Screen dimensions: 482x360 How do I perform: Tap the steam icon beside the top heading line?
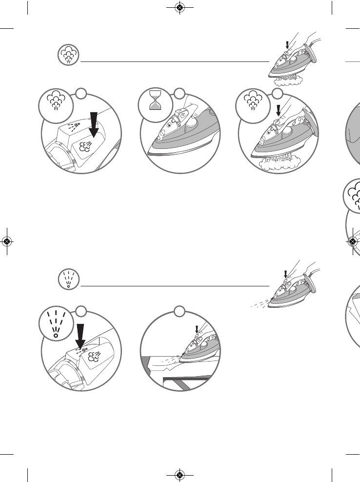[68, 55]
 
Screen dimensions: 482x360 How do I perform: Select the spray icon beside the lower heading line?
[68, 279]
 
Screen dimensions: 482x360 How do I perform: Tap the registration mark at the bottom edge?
[180, 475]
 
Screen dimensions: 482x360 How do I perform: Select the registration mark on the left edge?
[7, 241]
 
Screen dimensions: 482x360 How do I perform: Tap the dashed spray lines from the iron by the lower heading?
[259, 302]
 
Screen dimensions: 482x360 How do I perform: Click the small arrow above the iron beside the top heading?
[288, 45]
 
